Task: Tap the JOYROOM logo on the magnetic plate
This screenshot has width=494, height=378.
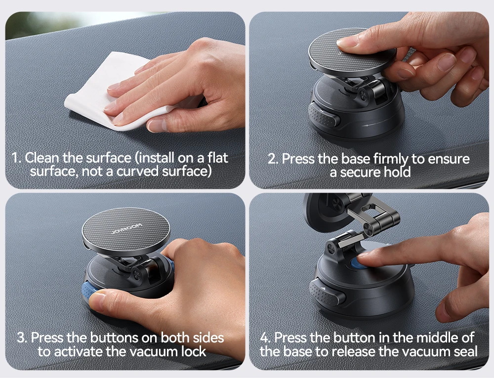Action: pyautogui.click(x=126, y=229)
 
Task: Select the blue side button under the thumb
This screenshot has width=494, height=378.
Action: pyautogui.click(x=90, y=292)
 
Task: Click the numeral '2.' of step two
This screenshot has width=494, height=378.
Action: pyautogui.click(x=273, y=159)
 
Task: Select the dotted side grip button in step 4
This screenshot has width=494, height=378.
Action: pyautogui.click(x=328, y=292)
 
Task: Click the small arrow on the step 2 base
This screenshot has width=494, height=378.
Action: pyautogui.click(x=369, y=126)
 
